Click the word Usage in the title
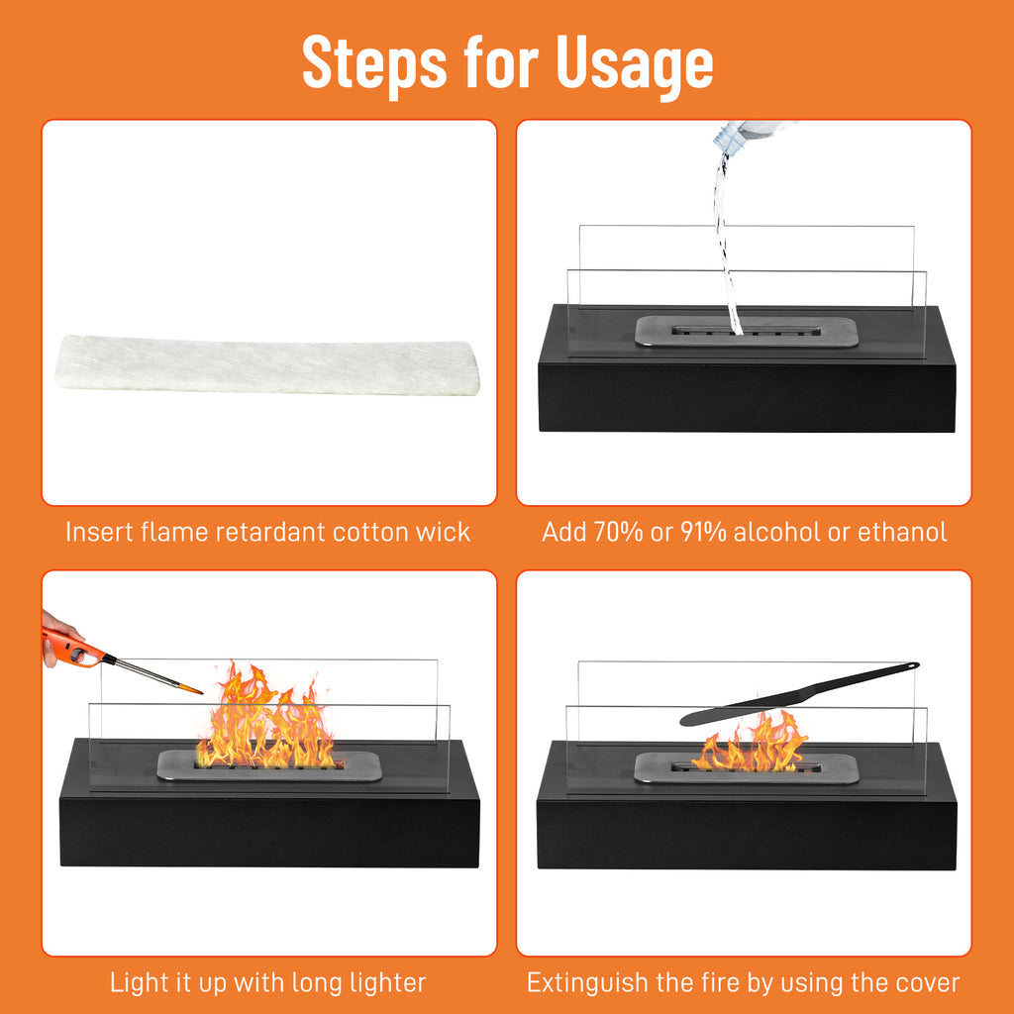coord(635,62)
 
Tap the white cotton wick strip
coord(267,364)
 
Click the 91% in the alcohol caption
coord(705,533)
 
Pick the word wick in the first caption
coord(444,533)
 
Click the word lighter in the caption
coord(379,983)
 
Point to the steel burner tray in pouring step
coord(745,332)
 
